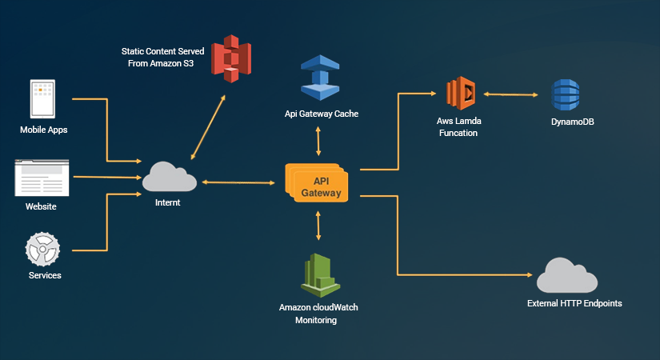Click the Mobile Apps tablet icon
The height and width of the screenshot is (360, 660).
click(42, 99)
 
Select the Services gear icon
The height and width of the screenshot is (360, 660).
click(42, 249)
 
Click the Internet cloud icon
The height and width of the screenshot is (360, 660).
click(169, 177)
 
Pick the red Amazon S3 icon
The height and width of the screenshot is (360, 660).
click(232, 61)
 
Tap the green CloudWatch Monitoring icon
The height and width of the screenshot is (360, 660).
click(318, 274)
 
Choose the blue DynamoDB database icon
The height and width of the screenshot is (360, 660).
click(566, 97)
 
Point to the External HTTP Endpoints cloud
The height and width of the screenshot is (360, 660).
click(566, 276)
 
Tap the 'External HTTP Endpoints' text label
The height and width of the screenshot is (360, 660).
click(574, 304)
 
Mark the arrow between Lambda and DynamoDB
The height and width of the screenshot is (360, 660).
click(509, 94)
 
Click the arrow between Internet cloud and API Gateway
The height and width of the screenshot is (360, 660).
click(239, 183)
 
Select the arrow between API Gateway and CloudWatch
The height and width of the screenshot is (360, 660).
click(318, 226)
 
